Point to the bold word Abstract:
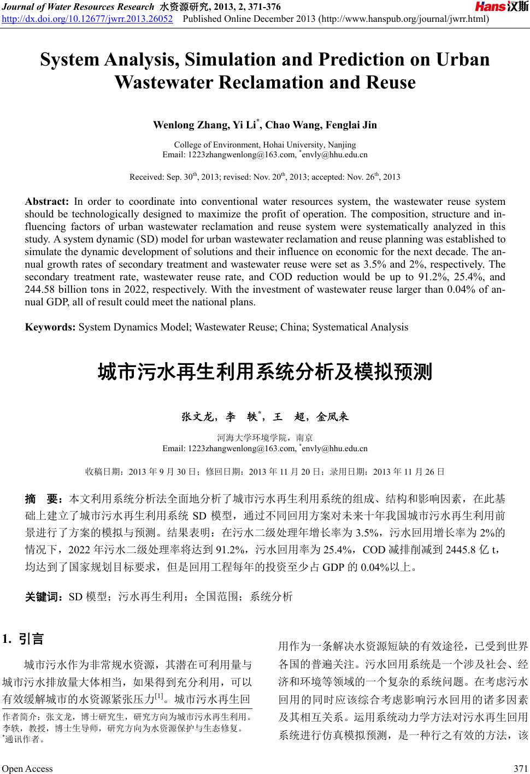pyautogui.click(x=46, y=202)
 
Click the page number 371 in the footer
pyautogui.click(x=521, y=768)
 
